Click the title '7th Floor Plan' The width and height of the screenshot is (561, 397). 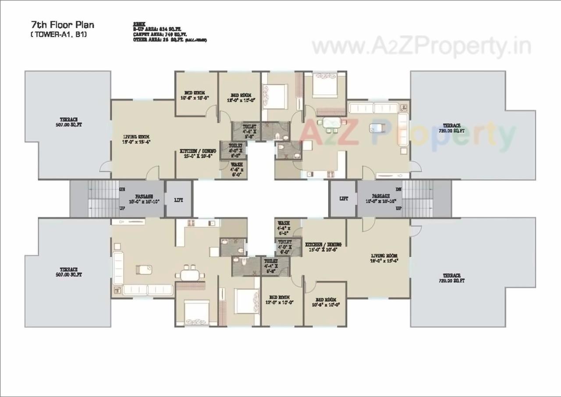pos(62,25)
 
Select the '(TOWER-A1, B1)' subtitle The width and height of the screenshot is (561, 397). pos(58,35)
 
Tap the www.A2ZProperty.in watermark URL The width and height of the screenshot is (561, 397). pos(421,46)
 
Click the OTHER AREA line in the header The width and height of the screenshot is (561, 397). pos(169,39)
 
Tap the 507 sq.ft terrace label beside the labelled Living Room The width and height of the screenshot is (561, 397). pos(69,122)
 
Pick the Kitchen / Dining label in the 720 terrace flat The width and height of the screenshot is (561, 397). pos(323,247)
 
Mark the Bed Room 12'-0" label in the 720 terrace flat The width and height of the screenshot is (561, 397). pos(279,300)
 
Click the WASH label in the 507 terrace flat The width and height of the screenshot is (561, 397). pos(237,167)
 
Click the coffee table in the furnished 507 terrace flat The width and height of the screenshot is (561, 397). pos(143,269)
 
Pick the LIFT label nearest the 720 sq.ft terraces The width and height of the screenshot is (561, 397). pos(344,198)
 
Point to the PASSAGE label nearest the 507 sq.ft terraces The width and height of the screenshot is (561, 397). pos(144,199)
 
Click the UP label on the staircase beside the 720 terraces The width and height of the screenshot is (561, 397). pos(398,208)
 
